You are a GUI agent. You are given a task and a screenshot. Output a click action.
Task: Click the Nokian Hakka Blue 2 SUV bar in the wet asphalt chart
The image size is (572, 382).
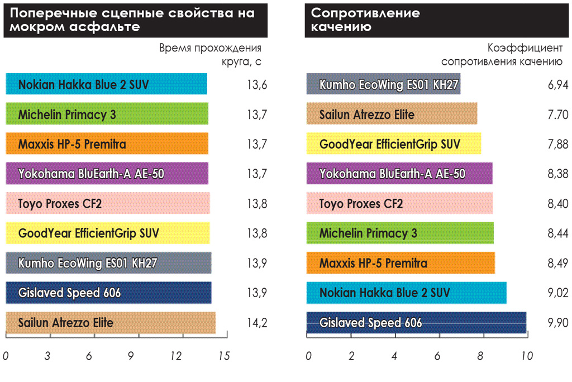pos(106,84)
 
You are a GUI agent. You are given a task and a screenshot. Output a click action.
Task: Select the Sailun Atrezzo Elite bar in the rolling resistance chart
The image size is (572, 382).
pos(392,114)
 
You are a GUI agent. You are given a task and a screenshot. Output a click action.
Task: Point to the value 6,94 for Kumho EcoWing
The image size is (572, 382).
pos(558,84)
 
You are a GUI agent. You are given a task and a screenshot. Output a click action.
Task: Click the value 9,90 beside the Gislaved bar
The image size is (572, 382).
pos(558,322)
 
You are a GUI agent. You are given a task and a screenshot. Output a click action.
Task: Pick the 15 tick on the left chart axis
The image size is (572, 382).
pos(224,356)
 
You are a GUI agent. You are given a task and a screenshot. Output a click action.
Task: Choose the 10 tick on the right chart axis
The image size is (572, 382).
pos(527,356)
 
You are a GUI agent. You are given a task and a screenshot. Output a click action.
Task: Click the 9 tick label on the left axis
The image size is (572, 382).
pos(131,356)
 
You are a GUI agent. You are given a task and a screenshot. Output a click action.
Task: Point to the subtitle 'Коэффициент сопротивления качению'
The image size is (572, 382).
pos(502,54)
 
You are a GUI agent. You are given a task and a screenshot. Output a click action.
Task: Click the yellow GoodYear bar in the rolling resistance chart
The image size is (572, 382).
pos(394,144)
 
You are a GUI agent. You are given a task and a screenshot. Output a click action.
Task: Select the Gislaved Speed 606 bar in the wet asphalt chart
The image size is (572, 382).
pos(108,293)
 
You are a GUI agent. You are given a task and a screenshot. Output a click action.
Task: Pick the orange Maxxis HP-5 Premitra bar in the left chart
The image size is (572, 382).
pos(107,144)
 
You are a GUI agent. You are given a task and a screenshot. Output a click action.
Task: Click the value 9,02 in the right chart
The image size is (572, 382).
pos(558,293)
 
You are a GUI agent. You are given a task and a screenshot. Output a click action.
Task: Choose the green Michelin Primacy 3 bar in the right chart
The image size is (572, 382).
pos(400,233)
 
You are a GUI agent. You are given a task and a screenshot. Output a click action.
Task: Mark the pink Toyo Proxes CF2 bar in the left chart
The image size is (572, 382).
pos(107,203)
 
